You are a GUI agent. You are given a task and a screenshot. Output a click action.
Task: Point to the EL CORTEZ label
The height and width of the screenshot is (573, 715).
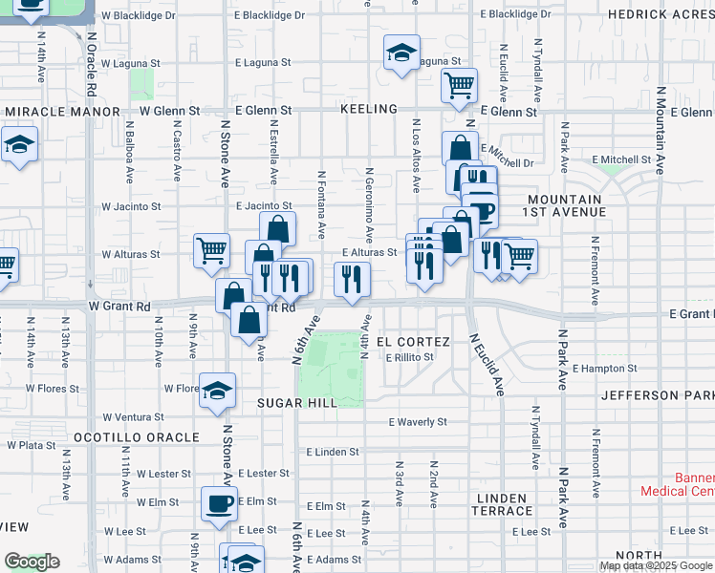tap(413, 341)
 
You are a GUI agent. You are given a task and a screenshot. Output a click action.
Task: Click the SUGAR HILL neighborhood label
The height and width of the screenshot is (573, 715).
tap(297, 404)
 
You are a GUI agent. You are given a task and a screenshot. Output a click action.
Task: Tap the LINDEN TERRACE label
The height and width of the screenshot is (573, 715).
tap(502, 505)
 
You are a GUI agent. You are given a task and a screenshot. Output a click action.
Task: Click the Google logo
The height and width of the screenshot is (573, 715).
tap(32, 562)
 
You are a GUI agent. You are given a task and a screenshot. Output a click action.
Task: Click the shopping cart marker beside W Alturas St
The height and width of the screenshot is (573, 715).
tap(212, 251)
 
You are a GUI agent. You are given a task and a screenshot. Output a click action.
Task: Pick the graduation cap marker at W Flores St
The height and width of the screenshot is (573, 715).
tap(218, 390)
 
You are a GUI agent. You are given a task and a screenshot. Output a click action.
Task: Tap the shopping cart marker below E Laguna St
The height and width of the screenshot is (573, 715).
tap(459, 85)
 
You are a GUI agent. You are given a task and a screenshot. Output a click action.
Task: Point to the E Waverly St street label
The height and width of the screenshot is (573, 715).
tap(418, 422)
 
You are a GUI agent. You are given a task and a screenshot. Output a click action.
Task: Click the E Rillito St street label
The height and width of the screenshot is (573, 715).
tap(410, 358)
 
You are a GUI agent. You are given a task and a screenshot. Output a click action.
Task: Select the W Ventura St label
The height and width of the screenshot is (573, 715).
tap(133, 417)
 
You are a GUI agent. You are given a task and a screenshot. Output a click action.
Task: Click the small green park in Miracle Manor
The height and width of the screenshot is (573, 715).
tap(142, 83)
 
